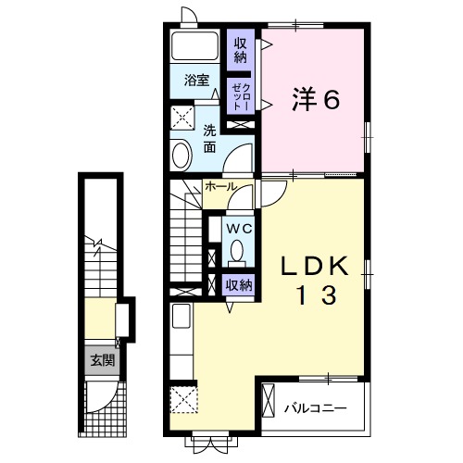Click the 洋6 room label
(x=316, y=99)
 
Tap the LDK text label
(x=315, y=267)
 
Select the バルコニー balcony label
(x=315, y=407)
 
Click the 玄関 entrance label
(x=102, y=360)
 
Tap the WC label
(x=239, y=228)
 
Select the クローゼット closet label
(x=239, y=94)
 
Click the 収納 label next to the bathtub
(x=240, y=49)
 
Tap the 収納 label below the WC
(x=239, y=285)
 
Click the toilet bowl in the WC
(x=238, y=250)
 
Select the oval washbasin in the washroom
(x=181, y=153)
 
